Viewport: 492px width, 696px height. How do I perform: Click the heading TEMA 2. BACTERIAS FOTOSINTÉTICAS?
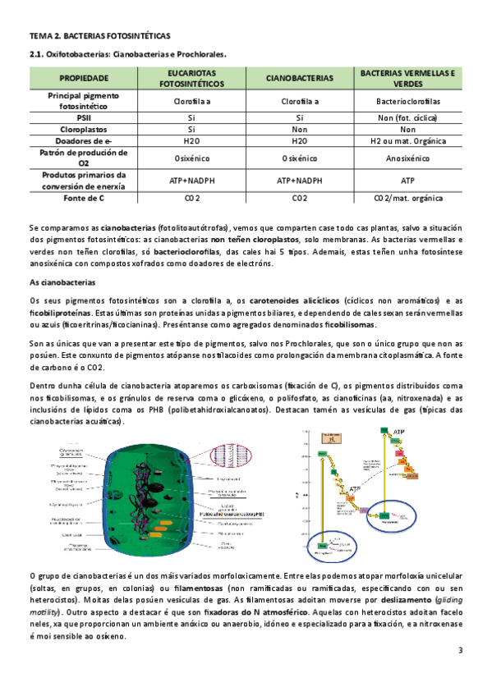coord(99,37)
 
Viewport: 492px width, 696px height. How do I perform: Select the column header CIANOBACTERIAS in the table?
coord(299,78)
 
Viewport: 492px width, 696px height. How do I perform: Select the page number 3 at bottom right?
coord(461,651)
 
